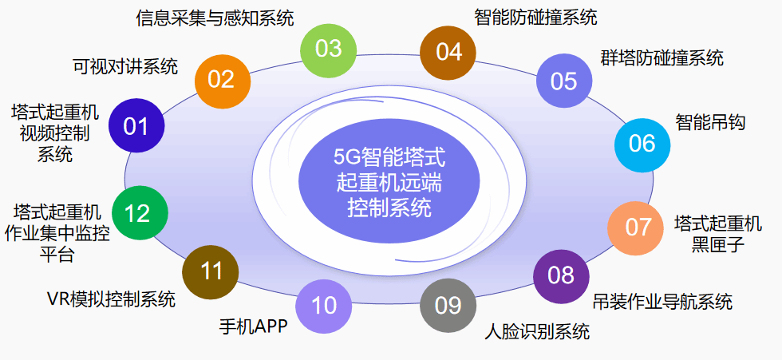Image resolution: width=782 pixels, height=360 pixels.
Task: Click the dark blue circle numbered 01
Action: pyautogui.click(x=136, y=125)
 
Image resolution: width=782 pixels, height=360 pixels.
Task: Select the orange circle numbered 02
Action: pyautogui.click(x=221, y=79)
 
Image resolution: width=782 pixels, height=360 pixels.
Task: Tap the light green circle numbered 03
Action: pyautogui.click(x=329, y=49)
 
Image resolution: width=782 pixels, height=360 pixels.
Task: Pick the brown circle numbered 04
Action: pyautogui.click(x=448, y=52)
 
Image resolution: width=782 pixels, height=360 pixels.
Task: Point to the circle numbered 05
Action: pyautogui.click(x=563, y=81)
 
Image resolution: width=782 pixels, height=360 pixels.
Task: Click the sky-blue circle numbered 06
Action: pyautogui.click(x=642, y=144)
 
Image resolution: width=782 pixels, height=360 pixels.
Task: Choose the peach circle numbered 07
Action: pyautogui.click(x=638, y=227)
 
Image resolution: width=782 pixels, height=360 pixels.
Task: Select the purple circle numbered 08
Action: pyautogui.click(x=561, y=275)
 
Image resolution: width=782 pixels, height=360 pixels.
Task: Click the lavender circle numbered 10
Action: pyautogui.click(x=324, y=305)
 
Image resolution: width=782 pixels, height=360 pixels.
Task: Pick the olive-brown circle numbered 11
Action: pyautogui.click(x=211, y=271)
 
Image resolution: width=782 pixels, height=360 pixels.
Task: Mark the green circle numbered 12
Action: pyautogui.click(x=138, y=213)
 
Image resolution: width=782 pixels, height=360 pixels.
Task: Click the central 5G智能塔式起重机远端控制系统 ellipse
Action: pyautogui.click(x=389, y=181)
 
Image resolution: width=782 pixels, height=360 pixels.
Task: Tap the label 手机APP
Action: pyautogui.click(x=253, y=326)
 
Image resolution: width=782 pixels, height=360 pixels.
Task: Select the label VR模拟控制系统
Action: pyautogui.click(x=111, y=299)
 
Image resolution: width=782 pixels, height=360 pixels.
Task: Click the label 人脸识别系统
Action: pyautogui.click(x=537, y=331)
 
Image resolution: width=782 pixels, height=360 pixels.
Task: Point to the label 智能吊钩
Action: pyautogui.click(x=709, y=123)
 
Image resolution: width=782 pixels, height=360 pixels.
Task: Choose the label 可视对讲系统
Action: pyautogui.click(x=125, y=66)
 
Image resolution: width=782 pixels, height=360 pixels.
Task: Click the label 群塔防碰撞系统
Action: pyautogui.click(x=662, y=57)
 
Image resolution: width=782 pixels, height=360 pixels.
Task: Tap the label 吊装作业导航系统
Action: pyautogui.click(x=662, y=302)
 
